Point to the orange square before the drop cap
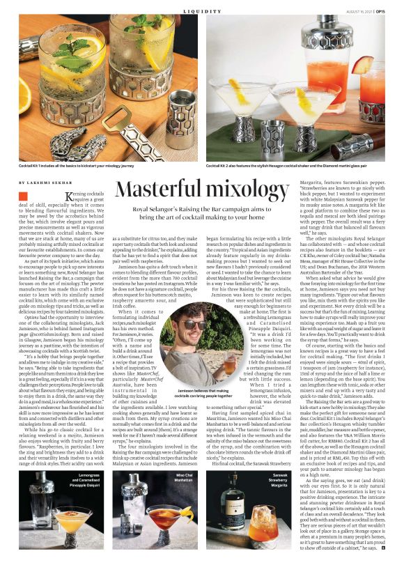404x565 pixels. [x=23, y=198]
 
